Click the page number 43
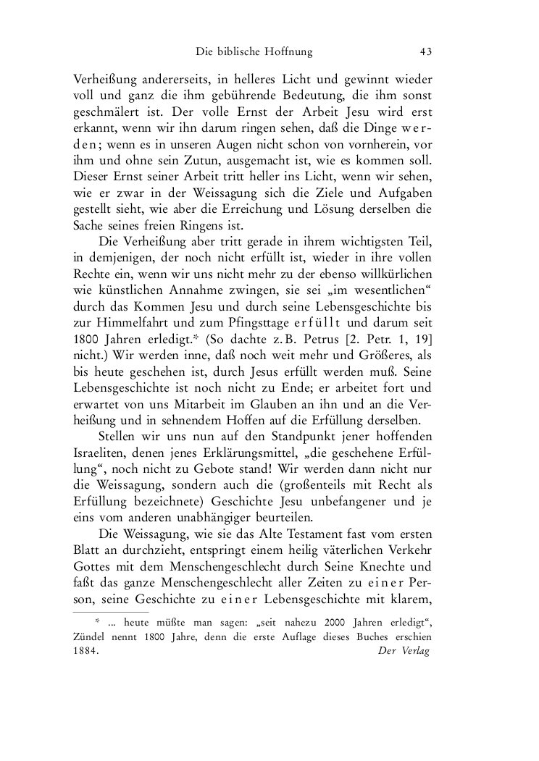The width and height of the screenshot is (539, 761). tap(426, 51)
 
